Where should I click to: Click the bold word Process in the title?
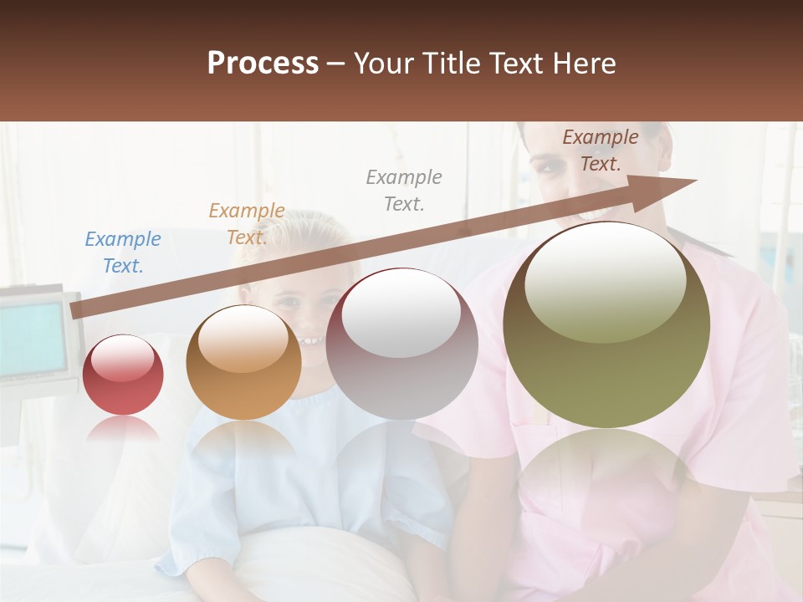[263, 64]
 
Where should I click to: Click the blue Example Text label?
[123, 253]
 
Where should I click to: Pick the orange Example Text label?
[247, 224]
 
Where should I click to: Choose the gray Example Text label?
[404, 190]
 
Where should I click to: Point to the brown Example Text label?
[600, 150]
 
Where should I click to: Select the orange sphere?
[243, 364]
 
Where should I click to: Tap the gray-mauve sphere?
[401, 344]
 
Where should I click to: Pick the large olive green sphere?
[606, 326]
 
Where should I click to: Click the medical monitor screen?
[32, 338]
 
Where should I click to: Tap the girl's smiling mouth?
[309, 340]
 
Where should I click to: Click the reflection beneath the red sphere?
[123, 430]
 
